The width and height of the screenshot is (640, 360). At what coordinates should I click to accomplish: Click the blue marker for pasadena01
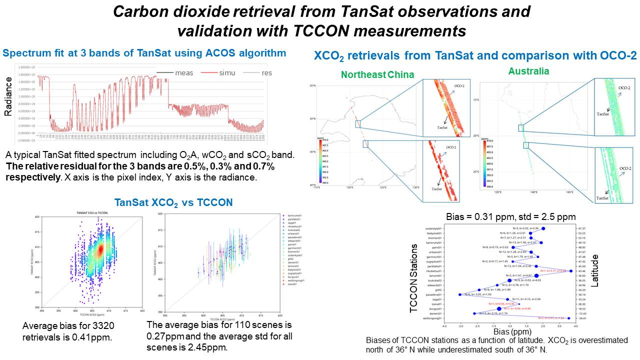459,294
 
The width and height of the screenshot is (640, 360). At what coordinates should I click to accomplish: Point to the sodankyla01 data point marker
543,228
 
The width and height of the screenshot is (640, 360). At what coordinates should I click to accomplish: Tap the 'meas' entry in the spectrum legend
183,73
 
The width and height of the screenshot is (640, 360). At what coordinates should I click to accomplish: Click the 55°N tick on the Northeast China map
312,86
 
